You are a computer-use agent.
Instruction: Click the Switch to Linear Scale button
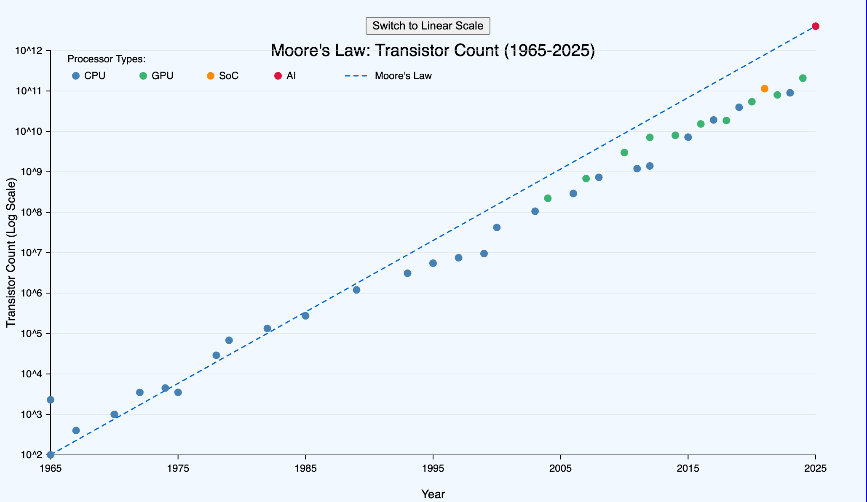428,26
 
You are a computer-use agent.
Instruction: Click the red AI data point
815,26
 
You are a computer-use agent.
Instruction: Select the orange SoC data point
764,88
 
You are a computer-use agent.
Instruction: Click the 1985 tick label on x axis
305,468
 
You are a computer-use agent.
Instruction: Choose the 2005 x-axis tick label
560,468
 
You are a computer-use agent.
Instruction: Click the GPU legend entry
157,76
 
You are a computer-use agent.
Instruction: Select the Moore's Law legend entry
388,76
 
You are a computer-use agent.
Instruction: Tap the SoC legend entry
223,76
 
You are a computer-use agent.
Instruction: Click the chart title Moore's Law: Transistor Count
433,51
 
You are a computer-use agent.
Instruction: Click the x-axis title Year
433,494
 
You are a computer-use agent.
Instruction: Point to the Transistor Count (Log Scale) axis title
11,253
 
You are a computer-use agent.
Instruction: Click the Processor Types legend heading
106,59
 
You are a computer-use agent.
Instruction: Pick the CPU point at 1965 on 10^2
51,455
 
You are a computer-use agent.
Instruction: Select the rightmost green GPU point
803,78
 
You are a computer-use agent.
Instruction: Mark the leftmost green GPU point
548,198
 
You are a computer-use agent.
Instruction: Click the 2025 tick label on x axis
815,468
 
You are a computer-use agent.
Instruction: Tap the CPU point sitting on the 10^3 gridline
114,414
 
